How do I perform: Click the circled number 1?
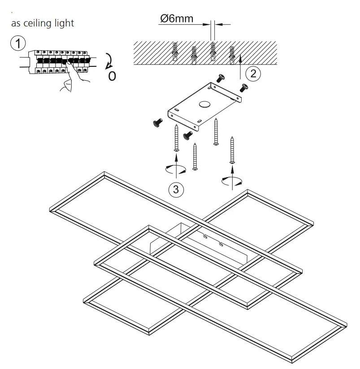tap(18, 44)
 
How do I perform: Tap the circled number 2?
tap(253, 74)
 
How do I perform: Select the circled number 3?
tap(176, 189)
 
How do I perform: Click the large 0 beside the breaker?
tap(112, 76)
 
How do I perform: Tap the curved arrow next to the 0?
tap(108, 61)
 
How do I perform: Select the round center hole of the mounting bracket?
tap(205, 104)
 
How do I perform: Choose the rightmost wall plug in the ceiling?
tap(232, 53)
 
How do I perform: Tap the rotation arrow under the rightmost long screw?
tap(232, 180)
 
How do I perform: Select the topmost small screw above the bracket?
tap(221, 78)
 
